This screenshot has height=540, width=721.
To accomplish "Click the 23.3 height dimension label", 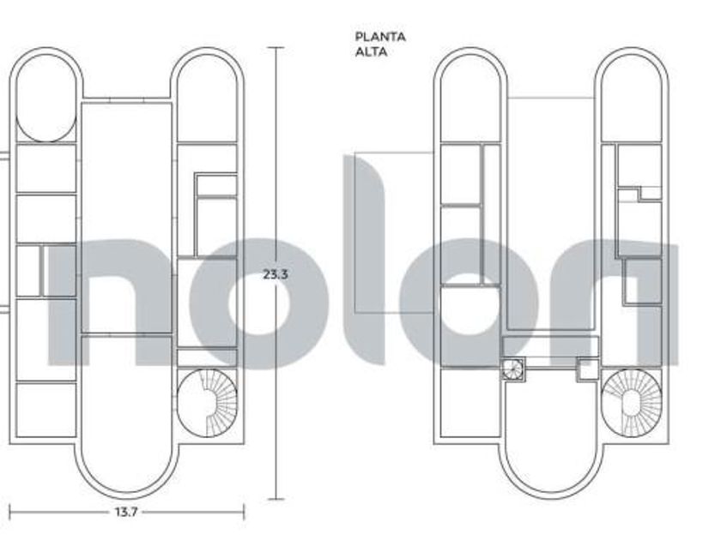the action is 276,274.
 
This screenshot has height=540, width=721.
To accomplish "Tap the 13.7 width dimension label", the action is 126,512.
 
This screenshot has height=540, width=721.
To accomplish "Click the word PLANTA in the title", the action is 380,37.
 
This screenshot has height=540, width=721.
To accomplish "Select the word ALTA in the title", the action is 371,51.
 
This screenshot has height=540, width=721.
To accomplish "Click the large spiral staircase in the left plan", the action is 208,403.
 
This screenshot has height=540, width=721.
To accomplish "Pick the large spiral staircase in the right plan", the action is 632,403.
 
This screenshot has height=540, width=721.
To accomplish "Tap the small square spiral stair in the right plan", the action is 512,369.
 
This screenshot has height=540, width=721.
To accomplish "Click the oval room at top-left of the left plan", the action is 46,98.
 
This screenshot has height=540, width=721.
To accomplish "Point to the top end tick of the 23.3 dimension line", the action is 276,47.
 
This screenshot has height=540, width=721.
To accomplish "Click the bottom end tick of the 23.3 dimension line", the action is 276,499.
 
